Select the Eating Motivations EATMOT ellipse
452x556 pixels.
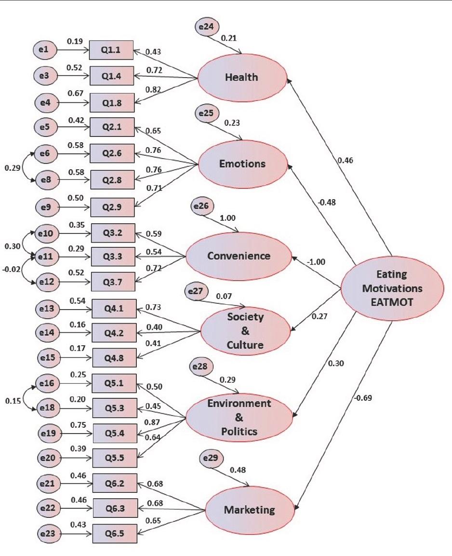pos(391,288)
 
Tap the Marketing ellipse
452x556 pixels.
pos(249,509)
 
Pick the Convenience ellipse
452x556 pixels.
pos(239,256)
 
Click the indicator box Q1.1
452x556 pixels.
pos(111,49)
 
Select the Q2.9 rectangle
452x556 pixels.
pos(112,207)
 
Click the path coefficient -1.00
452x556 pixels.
pos(316,262)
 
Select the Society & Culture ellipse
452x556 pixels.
pos(246,331)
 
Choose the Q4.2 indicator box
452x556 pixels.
pos(113,332)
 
